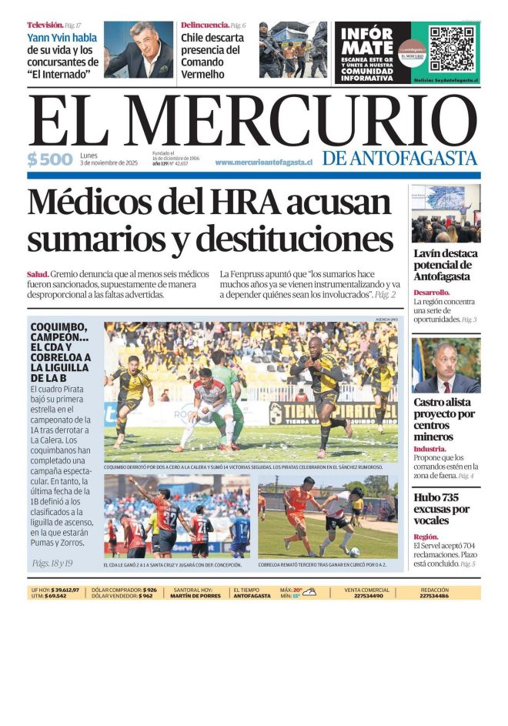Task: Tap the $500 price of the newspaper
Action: tap(50, 160)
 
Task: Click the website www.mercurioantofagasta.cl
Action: tap(263, 162)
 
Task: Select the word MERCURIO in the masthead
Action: tap(299, 121)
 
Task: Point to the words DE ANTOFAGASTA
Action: tap(400, 158)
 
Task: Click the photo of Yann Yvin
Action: tap(139, 49)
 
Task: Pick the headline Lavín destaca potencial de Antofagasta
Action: tap(445, 265)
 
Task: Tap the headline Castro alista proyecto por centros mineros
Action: tap(443, 419)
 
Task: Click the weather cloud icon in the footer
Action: tap(309, 591)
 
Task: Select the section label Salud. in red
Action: tap(38, 274)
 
